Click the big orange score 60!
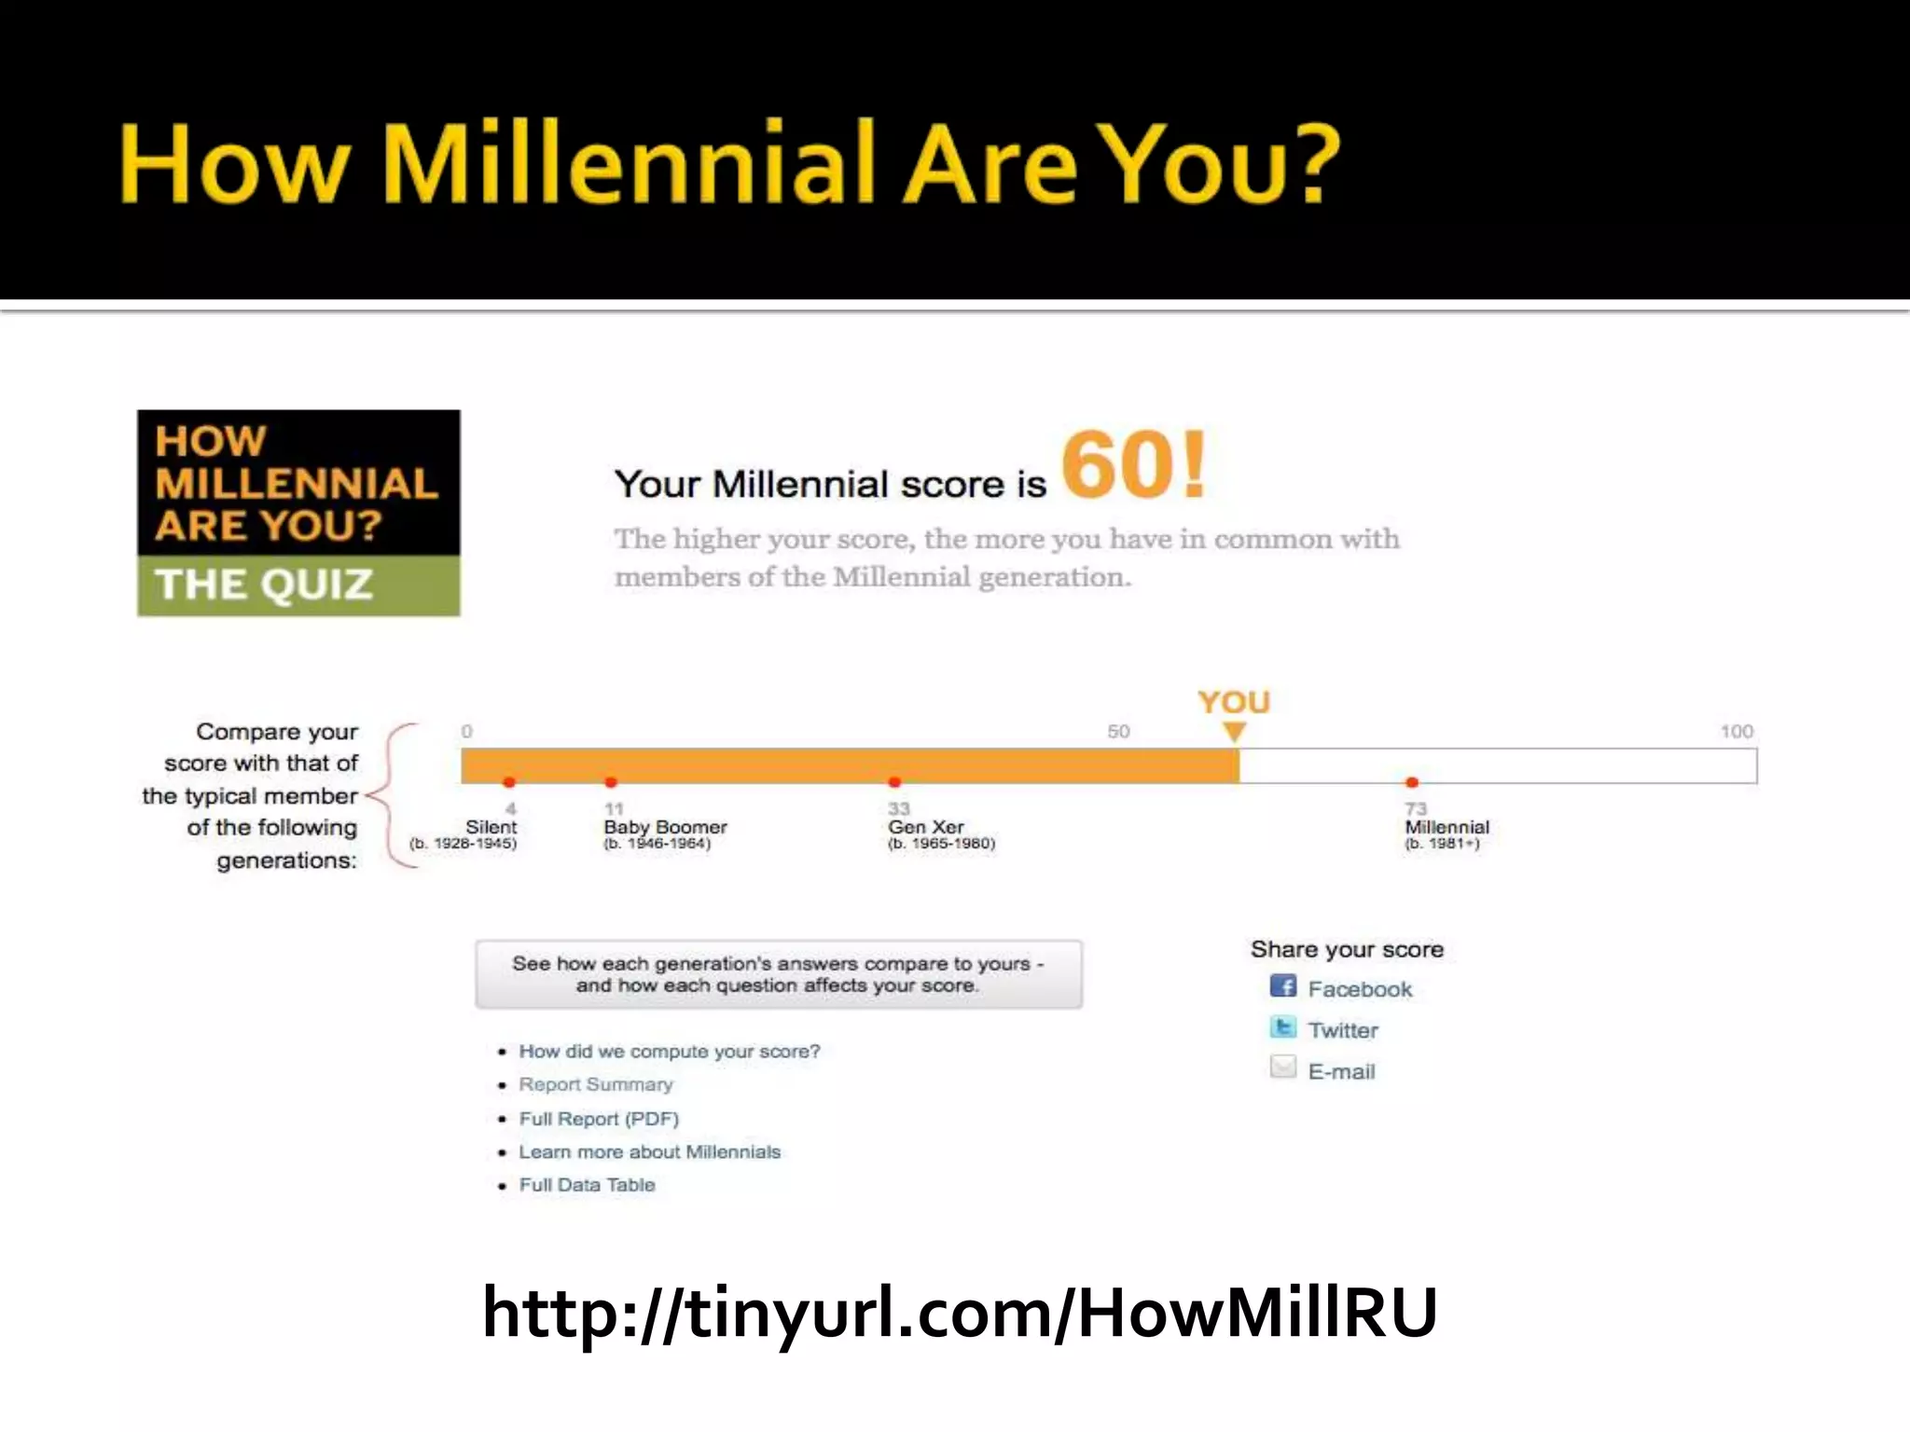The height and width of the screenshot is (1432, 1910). tap(1132, 465)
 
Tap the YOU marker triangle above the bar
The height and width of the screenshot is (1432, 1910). tap(1234, 732)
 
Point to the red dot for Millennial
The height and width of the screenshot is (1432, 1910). tap(1412, 782)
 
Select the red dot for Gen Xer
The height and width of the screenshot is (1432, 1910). tap(894, 782)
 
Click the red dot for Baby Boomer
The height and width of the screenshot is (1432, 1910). tap(611, 782)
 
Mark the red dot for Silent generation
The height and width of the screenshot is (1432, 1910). tap(508, 782)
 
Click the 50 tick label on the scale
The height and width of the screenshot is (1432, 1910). tap(1118, 732)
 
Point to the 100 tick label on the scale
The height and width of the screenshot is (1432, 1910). tap(1736, 732)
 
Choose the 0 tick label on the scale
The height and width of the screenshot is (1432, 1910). tap(467, 732)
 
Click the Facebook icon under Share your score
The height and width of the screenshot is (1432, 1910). tap(1283, 986)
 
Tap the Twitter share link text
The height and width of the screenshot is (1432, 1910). tap(1342, 1030)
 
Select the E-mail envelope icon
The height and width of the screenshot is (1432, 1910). tap(1283, 1067)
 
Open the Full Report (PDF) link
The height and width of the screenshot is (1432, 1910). tap(599, 1119)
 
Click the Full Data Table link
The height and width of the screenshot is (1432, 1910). tap(587, 1185)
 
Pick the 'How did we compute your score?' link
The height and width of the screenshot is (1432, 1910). tap(669, 1052)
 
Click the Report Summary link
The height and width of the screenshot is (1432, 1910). tap(595, 1085)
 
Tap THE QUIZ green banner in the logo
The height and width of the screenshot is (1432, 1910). tap(298, 585)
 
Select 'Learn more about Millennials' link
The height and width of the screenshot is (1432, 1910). tap(649, 1152)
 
